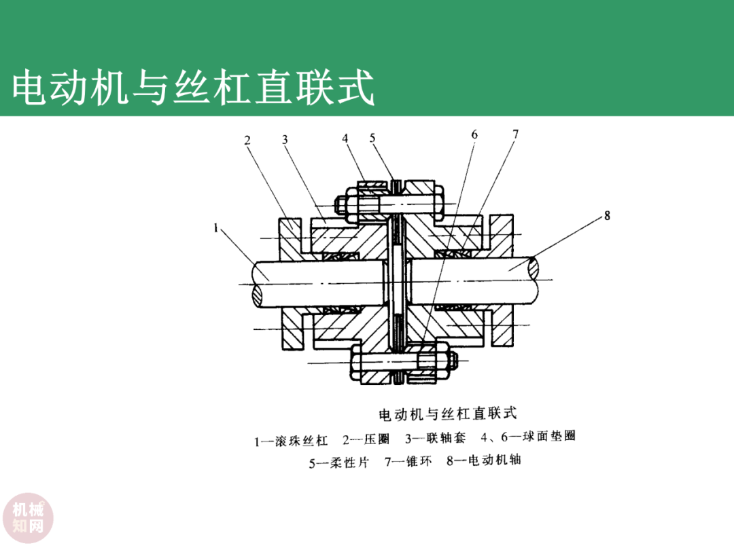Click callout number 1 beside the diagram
click(215, 229)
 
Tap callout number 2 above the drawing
click(247, 141)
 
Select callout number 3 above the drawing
click(285, 140)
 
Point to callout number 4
click(345, 138)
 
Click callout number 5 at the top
click(372, 138)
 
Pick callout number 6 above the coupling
click(474, 134)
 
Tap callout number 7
click(515, 134)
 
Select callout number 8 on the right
click(607, 216)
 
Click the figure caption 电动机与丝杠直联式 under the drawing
click(447, 413)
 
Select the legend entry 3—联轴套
click(436, 438)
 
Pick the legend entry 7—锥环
click(408, 462)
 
